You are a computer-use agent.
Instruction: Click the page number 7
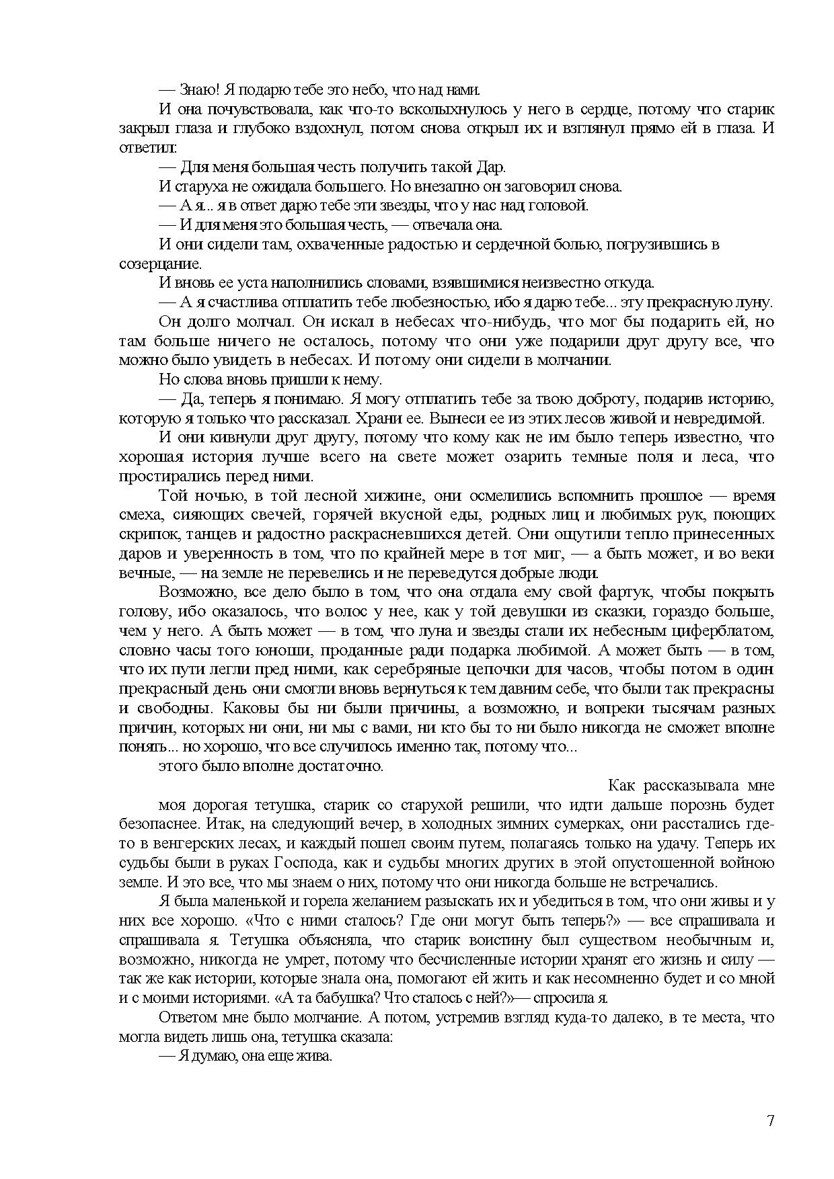tap(770, 1121)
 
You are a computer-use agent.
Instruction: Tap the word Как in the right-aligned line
tap(621, 785)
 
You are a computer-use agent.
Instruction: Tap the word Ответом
tap(188, 1017)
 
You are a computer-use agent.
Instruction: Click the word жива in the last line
tap(316, 1056)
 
